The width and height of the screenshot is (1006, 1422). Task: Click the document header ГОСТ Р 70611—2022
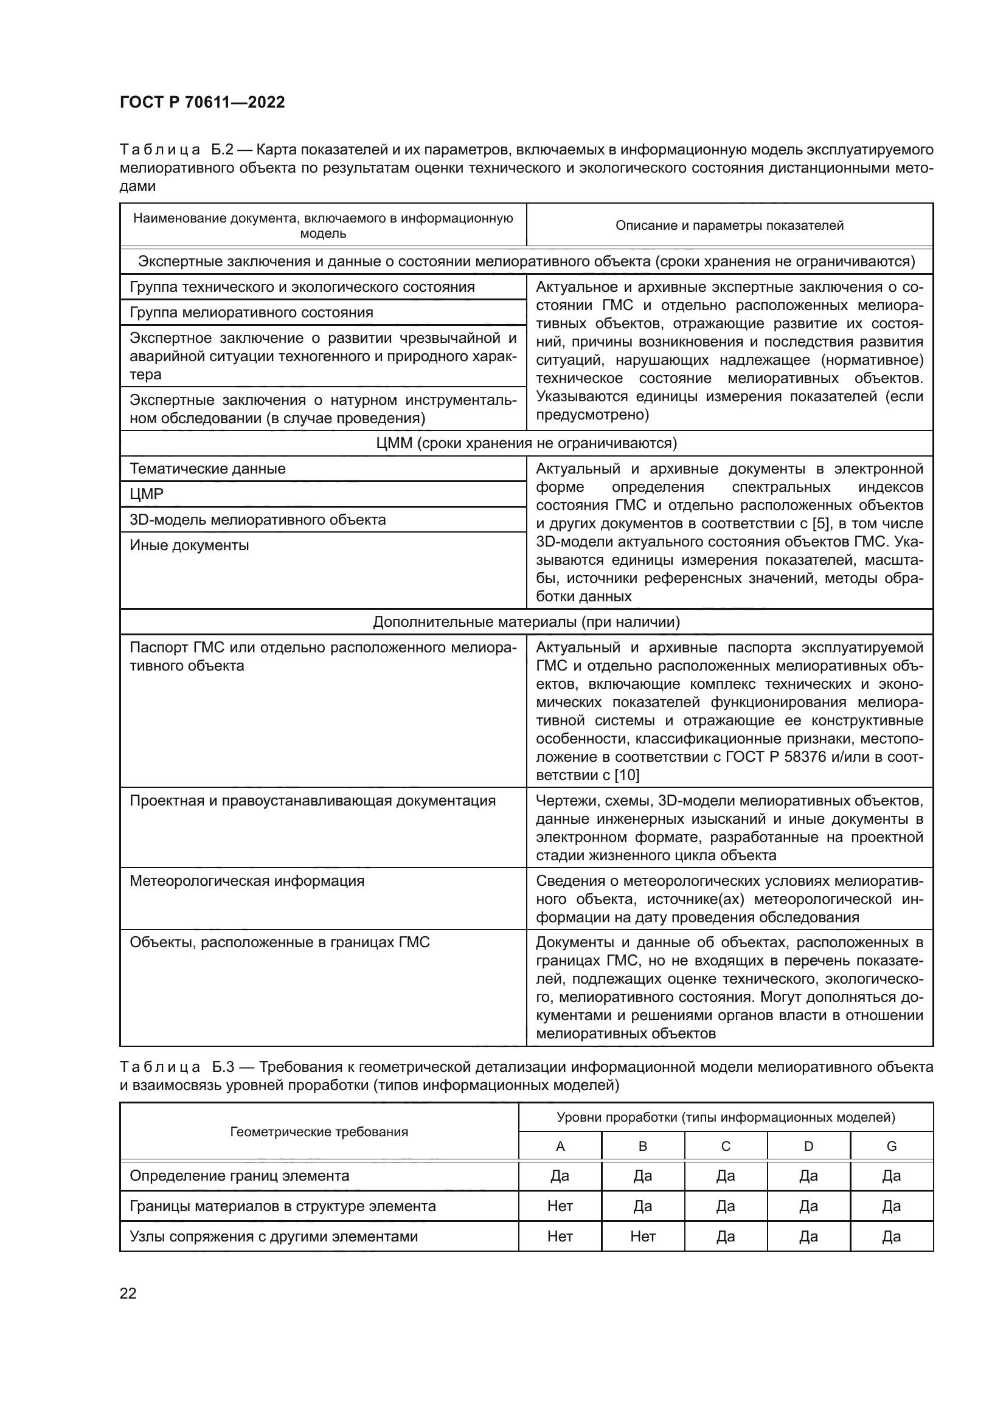click(x=202, y=102)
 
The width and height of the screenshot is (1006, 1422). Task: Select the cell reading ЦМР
click(x=147, y=494)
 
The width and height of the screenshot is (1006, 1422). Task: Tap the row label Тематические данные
click(x=207, y=469)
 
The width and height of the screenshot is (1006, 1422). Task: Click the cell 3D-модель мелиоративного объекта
click(x=258, y=520)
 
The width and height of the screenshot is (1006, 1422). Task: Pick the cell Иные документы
click(x=190, y=545)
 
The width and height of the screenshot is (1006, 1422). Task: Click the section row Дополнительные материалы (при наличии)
click(x=526, y=622)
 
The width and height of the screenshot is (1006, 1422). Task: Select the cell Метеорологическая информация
click(x=246, y=881)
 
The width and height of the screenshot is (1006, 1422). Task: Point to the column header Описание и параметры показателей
click(x=729, y=226)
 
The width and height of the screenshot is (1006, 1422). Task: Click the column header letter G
click(x=892, y=1147)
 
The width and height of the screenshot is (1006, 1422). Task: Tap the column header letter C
click(x=726, y=1147)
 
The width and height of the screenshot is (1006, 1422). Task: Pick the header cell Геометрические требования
click(x=319, y=1132)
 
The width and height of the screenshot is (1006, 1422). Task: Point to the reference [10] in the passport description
click(x=627, y=775)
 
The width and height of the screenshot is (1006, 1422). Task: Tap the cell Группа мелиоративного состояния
click(x=252, y=312)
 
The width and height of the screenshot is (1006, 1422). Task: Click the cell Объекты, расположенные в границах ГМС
click(x=279, y=943)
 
